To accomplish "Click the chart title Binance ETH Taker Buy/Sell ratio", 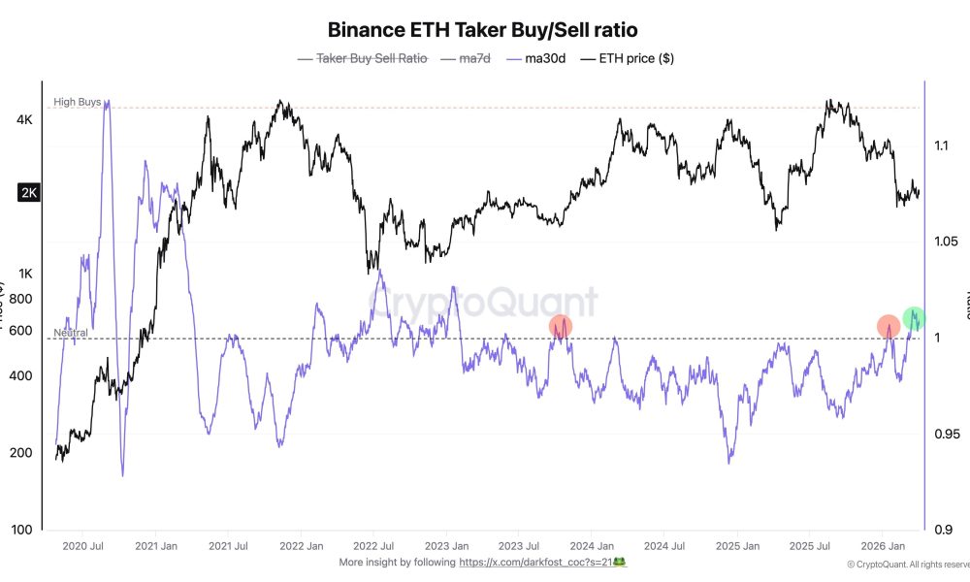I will (x=482, y=30).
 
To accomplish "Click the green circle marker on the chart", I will (x=914, y=317).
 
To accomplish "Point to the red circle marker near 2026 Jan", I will (x=889, y=327).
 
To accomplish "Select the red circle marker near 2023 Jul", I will (x=561, y=327).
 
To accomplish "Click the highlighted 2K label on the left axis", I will (x=28, y=193).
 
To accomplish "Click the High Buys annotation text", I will (x=77, y=102).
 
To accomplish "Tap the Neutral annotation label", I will (x=70, y=333).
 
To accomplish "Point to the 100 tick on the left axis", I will (x=22, y=530).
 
